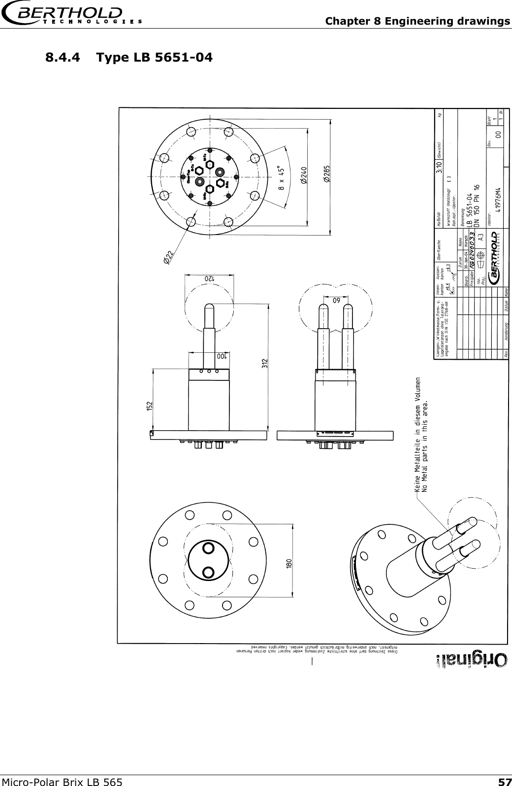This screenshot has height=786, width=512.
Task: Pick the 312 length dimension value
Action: click(x=264, y=364)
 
